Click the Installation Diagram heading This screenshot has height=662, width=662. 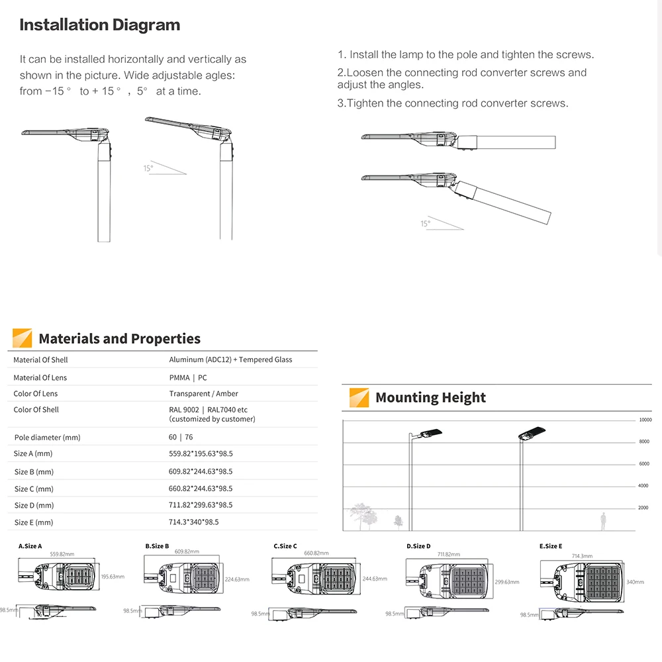(x=99, y=25)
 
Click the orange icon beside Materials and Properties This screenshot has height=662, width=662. (x=22, y=338)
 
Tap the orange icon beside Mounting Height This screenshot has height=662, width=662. (x=359, y=398)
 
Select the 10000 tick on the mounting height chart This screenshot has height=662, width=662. (x=645, y=420)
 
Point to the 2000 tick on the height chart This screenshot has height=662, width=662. (x=643, y=508)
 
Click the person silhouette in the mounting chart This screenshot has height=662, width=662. (x=603, y=521)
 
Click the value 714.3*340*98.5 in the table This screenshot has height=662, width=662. (x=193, y=522)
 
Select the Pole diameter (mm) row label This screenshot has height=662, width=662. (x=47, y=438)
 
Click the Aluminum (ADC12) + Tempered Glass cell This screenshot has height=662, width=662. (x=230, y=359)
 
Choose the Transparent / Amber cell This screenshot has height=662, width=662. (x=203, y=393)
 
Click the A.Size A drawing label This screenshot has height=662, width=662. (x=30, y=546)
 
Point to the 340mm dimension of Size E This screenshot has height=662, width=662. (x=634, y=582)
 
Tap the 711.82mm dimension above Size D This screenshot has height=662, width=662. (x=449, y=554)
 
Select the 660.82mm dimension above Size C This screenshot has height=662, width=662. (x=317, y=553)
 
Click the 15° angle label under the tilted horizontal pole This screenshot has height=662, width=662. (x=425, y=224)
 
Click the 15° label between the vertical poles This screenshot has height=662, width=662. (x=148, y=168)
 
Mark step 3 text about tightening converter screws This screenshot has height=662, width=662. (x=452, y=103)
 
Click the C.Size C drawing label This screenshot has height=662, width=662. (x=285, y=546)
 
